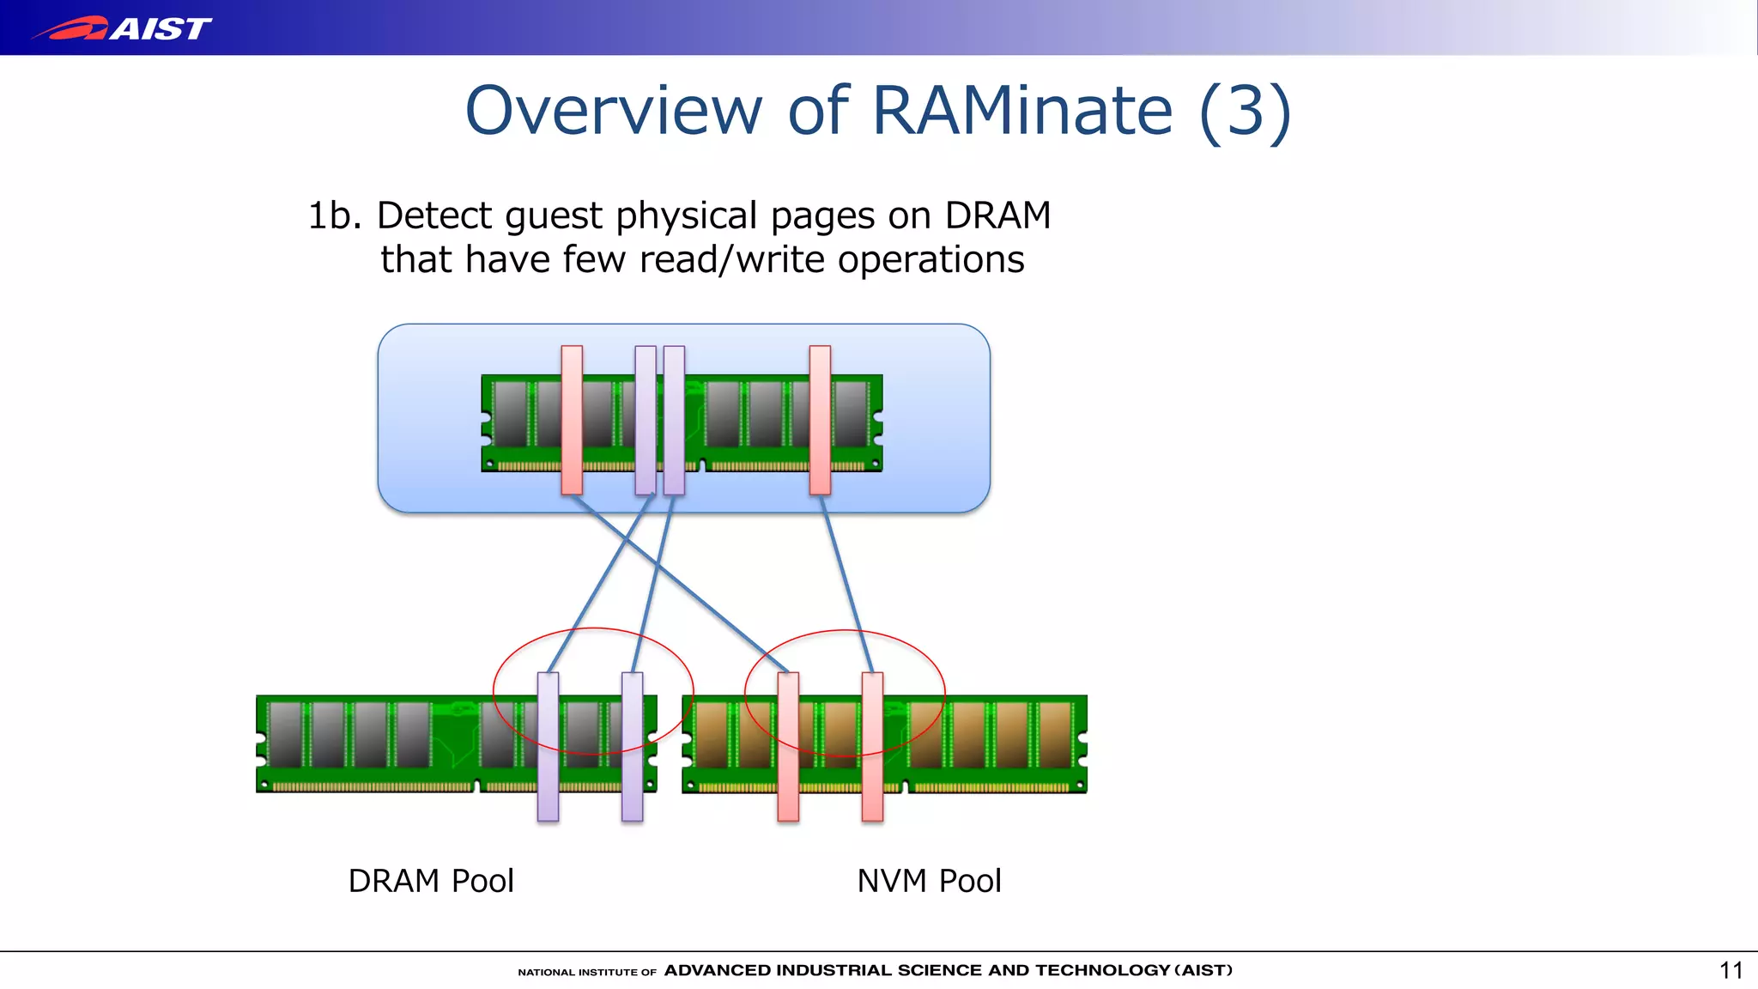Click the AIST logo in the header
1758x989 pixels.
[122, 28]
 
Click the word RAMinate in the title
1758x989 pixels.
[1021, 111]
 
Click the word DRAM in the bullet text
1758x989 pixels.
[997, 215]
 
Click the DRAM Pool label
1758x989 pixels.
[431, 881]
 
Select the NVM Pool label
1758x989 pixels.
[929, 881]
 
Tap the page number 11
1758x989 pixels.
[1731, 970]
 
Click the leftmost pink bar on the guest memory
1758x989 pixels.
[572, 420]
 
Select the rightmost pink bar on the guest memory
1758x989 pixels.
[820, 420]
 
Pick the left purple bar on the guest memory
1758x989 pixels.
[646, 420]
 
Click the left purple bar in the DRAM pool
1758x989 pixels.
[548, 746]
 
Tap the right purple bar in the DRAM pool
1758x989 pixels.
[632, 746]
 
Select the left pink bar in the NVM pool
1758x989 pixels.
[788, 746]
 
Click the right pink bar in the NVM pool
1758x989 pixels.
[872, 746]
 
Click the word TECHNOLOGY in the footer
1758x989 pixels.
[1102, 970]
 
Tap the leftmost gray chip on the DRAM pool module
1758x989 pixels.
[286, 734]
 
